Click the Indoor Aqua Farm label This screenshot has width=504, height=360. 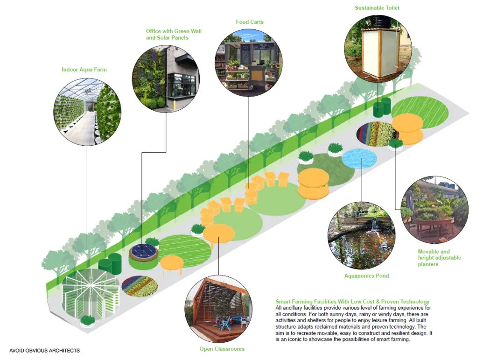point(84,70)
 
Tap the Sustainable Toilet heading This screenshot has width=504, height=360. point(377,8)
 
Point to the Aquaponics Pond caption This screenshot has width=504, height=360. point(366,275)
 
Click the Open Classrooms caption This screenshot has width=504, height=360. point(222,349)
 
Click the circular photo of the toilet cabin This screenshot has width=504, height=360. point(378,48)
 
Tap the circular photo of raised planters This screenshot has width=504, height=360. point(434,210)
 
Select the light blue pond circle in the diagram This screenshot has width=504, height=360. point(359,159)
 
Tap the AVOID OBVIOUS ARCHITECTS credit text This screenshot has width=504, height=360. point(44,351)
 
